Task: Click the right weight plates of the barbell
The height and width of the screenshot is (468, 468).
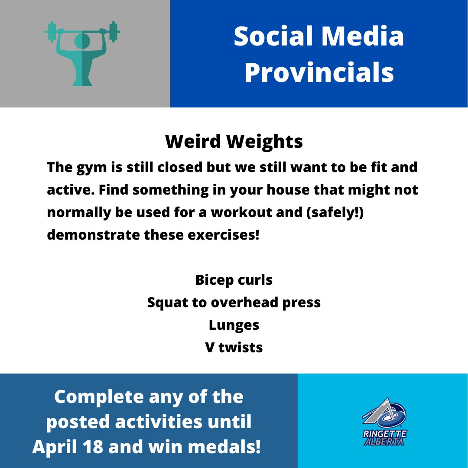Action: tap(114, 32)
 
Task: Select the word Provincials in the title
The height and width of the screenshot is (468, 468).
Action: tap(319, 73)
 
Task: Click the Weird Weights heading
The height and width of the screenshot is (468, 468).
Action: tap(234, 142)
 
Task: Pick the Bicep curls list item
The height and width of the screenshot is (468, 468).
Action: tap(234, 280)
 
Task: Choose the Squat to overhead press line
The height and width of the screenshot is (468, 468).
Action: tap(234, 302)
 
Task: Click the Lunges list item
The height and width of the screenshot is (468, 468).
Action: tap(234, 325)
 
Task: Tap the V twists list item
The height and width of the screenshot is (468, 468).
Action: tap(234, 348)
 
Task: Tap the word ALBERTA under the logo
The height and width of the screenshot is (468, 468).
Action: tap(384, 441)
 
